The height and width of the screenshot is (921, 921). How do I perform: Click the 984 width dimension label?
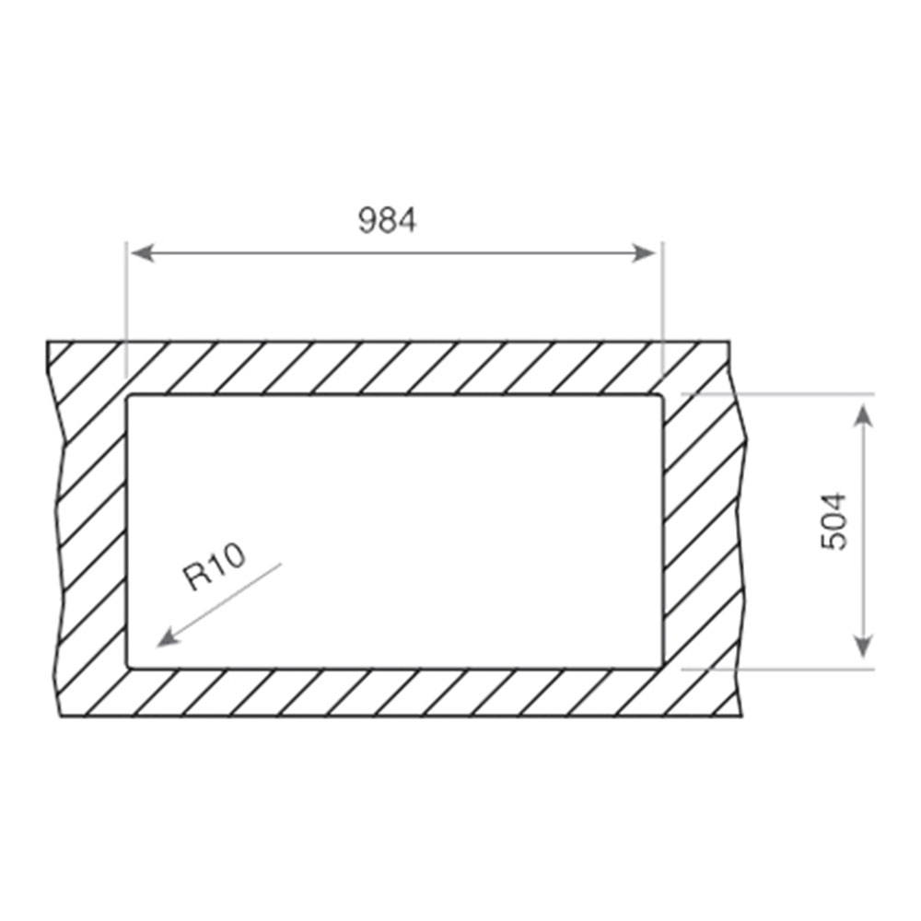pos(387,220)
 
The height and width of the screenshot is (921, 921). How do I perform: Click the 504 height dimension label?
pos(834,521)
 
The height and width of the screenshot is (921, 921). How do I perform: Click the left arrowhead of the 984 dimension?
pos(142,253)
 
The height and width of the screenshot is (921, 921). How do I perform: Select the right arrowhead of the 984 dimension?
pos(643,253)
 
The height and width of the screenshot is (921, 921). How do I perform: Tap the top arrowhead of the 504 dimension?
pos(862,415)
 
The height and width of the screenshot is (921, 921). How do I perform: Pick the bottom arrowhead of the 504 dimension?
pos(862,647)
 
